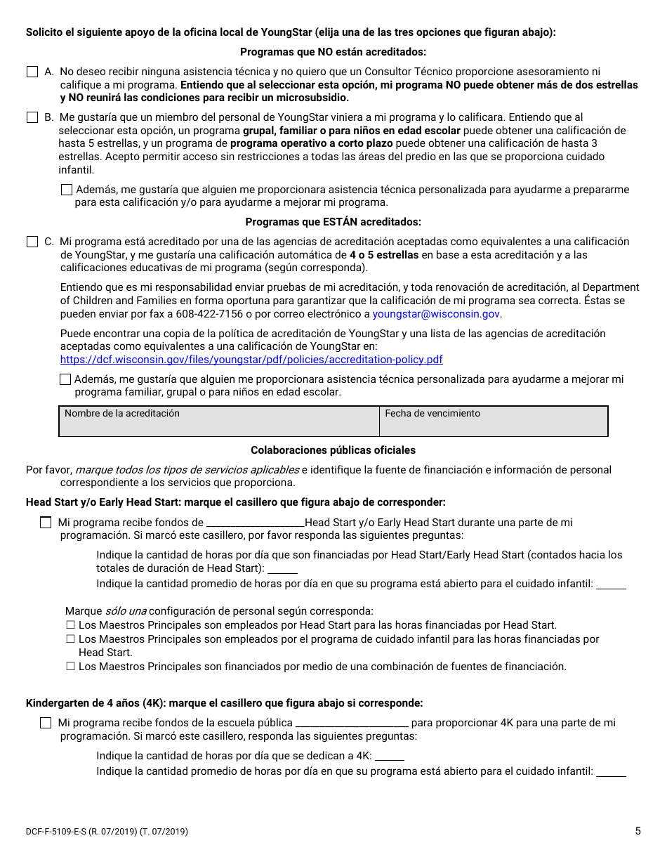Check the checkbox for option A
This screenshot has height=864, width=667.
[x=32, y=72]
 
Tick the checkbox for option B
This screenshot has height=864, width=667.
[x=32, y=117]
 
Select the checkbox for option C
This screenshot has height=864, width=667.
[x=32, y=242]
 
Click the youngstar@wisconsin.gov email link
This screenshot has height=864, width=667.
[x=436, y=314]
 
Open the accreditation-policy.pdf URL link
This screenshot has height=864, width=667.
[x=251, y=360]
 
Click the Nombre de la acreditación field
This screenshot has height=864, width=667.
[x=219, y=421]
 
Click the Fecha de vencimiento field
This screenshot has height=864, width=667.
[x=494, y=421]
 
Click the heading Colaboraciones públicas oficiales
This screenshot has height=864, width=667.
[x=333, y=450]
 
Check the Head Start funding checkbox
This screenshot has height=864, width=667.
[x=46, y=523]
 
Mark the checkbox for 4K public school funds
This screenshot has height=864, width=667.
[x=46, y=723]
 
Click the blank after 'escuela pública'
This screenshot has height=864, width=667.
[x=352, y=724]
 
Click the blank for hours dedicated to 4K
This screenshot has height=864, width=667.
[x=390, y=757]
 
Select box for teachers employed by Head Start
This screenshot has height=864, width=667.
[x=70, y=625]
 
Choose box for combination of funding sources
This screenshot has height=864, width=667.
[x=70, y=667]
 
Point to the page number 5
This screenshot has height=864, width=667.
[x=638, y=831]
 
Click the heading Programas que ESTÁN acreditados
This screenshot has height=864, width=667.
[x=333, y=223]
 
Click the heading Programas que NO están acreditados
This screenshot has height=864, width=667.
[x=333, y=52]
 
